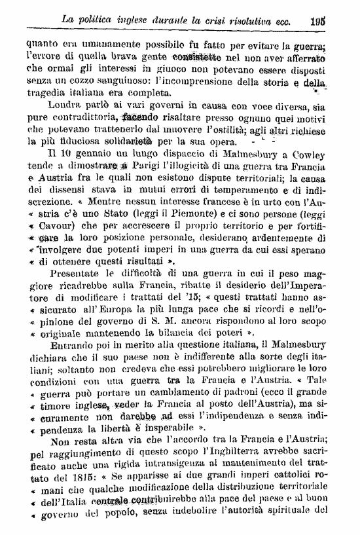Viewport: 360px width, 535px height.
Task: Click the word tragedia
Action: (48, 93)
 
